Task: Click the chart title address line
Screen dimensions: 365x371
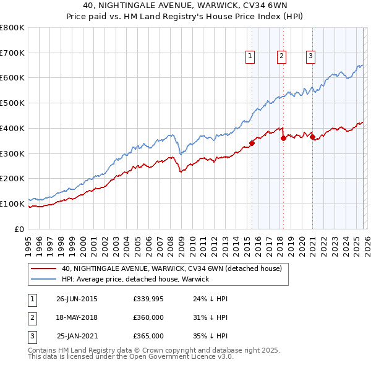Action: pos(185,6)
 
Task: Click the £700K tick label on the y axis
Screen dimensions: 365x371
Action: pos(12,53)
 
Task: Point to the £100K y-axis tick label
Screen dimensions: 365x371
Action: pos(12,204)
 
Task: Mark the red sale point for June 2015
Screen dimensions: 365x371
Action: pos(252,144)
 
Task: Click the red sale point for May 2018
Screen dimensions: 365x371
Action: pos(283,138)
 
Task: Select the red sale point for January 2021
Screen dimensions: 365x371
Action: pos(312,137)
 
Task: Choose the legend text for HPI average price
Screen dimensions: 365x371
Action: pos(135,279)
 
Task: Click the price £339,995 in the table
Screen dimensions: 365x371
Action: pos(148,299)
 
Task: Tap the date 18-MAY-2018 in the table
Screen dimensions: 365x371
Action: pos(77,317)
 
